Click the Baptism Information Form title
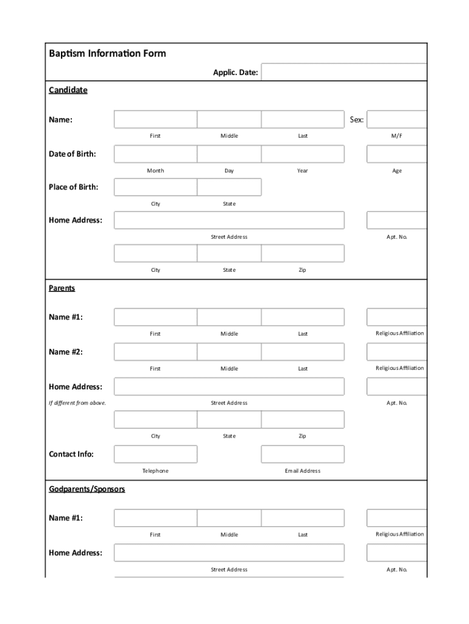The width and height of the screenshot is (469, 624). click(107, 54)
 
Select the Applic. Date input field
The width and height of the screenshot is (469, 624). click(344, 73)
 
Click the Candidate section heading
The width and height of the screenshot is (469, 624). click(68, 90)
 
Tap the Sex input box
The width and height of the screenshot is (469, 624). click(397, 119)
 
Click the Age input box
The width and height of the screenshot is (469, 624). click(397, 154)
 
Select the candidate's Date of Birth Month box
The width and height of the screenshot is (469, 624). click(155, 154)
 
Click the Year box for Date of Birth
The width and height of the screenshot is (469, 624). click(303, 154)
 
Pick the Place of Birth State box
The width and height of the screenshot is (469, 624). click(229, 187)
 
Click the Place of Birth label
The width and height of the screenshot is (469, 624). click(73, 187)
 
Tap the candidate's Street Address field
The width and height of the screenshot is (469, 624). click(229, 220)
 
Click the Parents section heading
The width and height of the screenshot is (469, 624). click(62, 288)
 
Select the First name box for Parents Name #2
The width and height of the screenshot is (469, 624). click(155, 352)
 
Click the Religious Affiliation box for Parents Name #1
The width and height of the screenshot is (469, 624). click(397, 317)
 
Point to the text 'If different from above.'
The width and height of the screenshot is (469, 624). click(77, 403)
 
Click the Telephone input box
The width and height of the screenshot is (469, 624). click(155, 454)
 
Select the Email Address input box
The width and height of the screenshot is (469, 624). click(303, 454)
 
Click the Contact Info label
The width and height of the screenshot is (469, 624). click(71, 454)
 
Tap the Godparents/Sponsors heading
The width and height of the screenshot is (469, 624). click(87, 489)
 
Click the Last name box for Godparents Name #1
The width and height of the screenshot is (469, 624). click(303, 518)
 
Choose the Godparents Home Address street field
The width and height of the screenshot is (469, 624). click(229, 553)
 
